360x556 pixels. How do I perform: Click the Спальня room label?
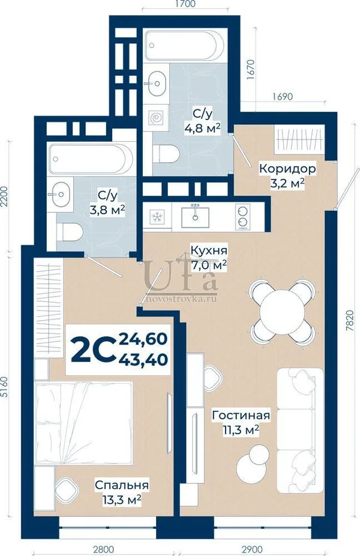coord(122,485)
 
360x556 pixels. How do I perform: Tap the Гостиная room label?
coord(241,415)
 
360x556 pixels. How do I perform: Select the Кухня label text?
coord(209,250)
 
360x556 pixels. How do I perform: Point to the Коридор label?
coord(287,168)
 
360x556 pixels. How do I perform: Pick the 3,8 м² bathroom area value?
coord(107,210)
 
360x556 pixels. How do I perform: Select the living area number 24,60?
coord(143,339)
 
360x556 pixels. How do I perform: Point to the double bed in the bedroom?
coord(83,423)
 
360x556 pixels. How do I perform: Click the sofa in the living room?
coord(300,430)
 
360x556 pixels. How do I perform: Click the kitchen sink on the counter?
coord(195,217)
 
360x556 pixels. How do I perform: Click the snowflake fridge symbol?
coord(155,217)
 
